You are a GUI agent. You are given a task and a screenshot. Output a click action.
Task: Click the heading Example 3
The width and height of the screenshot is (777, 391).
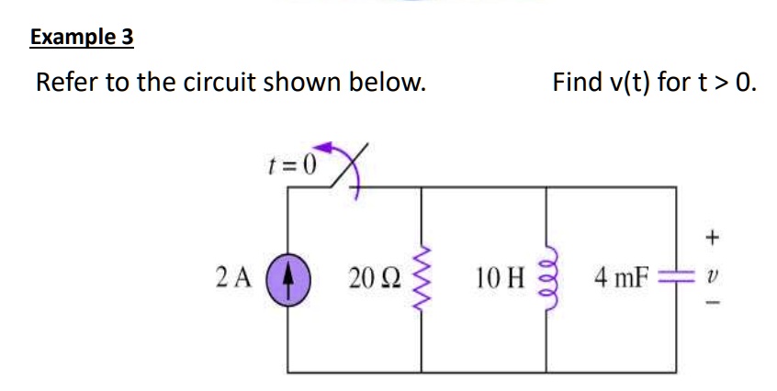82,38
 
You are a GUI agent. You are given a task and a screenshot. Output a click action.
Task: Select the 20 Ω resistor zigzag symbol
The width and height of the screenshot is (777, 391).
422,275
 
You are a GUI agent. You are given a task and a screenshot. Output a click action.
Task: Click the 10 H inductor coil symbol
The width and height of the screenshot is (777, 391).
547,275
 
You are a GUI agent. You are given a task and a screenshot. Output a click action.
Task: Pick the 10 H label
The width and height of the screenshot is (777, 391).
500,275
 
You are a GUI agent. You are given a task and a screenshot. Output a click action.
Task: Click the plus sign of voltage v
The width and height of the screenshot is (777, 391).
710,237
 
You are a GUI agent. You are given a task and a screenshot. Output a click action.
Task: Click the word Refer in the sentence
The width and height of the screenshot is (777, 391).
67,83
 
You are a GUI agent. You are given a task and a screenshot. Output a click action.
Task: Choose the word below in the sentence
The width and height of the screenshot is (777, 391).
392,83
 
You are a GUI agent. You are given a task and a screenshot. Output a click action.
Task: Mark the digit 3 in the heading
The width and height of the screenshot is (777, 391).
126,38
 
